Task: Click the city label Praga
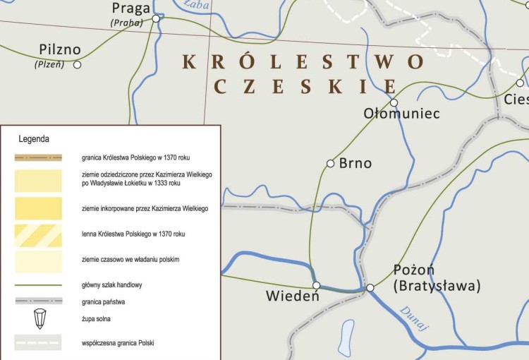(131, 8)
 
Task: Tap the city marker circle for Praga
(157, 19)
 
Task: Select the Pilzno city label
(60, 50)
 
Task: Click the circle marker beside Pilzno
(78, 65)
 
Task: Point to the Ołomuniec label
(401, 113)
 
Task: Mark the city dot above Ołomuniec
(394, 102)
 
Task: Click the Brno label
(355, 163)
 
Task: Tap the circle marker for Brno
(330, 164)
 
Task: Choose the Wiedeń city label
(293, 296)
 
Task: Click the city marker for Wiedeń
(317, 285)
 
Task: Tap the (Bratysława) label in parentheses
(437, 286)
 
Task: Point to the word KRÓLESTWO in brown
(303, 62)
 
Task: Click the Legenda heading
(34, 139)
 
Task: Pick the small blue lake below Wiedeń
(346, 335)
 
